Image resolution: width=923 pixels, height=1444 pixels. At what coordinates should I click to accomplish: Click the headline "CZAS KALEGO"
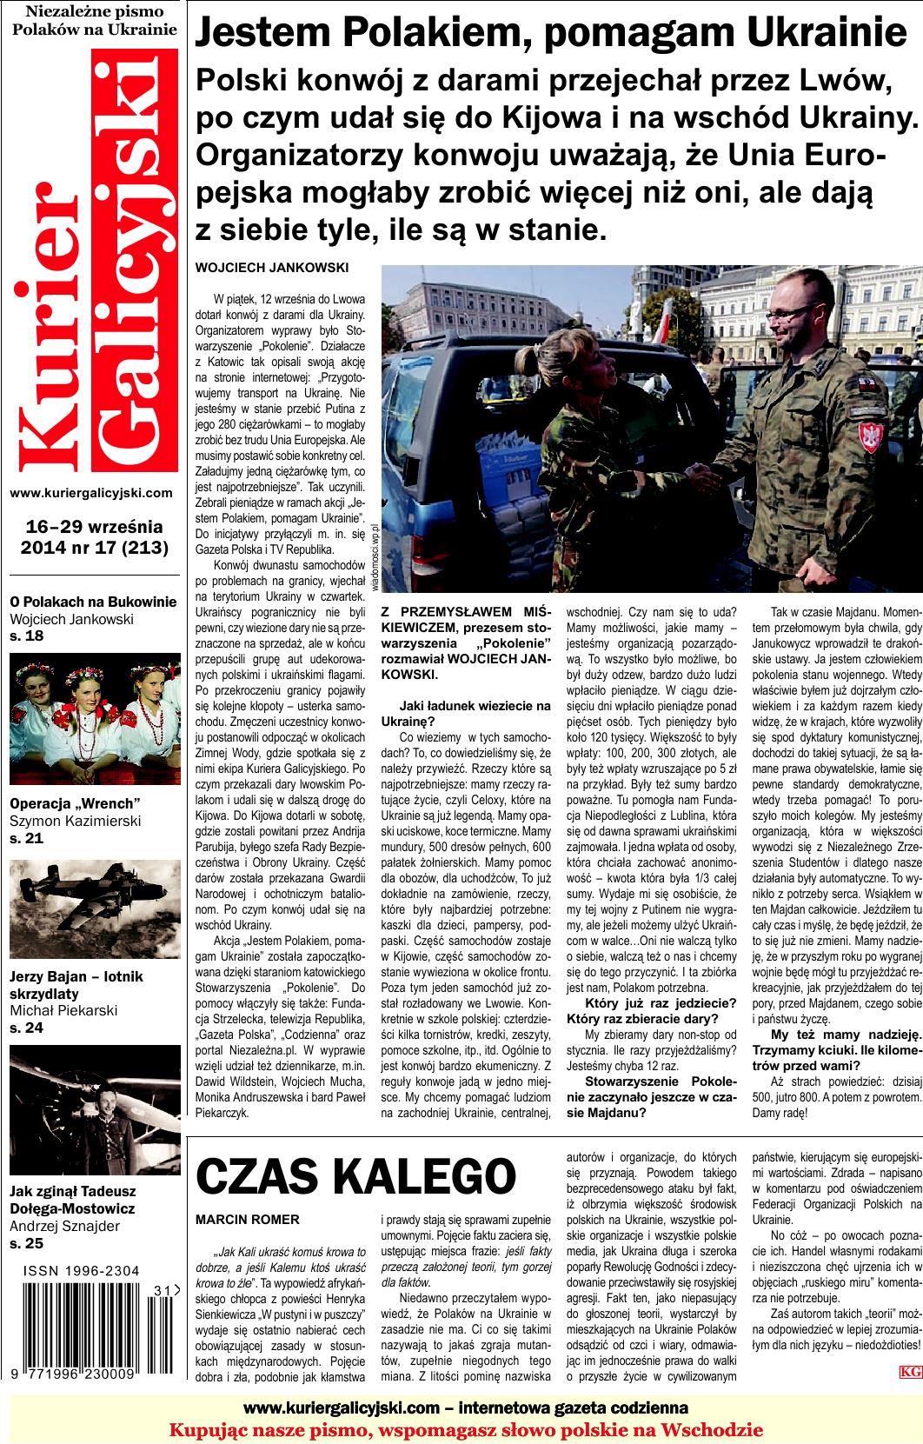click(355, 1177)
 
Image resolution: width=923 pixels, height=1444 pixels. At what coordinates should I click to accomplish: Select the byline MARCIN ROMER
click(248, 1220)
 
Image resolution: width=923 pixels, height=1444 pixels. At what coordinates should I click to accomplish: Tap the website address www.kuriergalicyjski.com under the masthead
click(90, 493)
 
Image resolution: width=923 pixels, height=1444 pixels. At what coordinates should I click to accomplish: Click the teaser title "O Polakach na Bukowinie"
click(93, 602)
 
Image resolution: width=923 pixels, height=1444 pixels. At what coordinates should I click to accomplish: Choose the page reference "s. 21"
click(26, 839)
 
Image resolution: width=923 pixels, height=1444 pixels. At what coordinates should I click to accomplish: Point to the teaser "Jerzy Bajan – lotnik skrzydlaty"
click(76, 984)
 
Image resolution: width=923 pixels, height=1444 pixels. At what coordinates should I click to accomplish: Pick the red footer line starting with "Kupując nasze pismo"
click(466, 1430)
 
